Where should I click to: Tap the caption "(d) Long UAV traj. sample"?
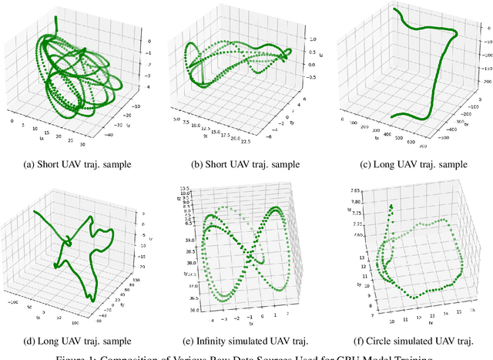(x=82, y=340)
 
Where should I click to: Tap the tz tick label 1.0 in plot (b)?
(x=304, y=37)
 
